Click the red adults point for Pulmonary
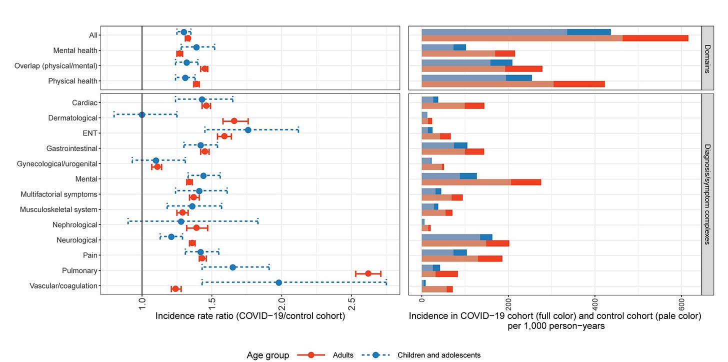368,273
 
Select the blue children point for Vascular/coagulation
278,282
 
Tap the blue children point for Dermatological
142,114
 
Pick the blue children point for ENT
248,130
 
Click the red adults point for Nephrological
196,228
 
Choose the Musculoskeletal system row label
58,209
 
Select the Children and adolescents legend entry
438,355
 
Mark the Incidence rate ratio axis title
250,316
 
